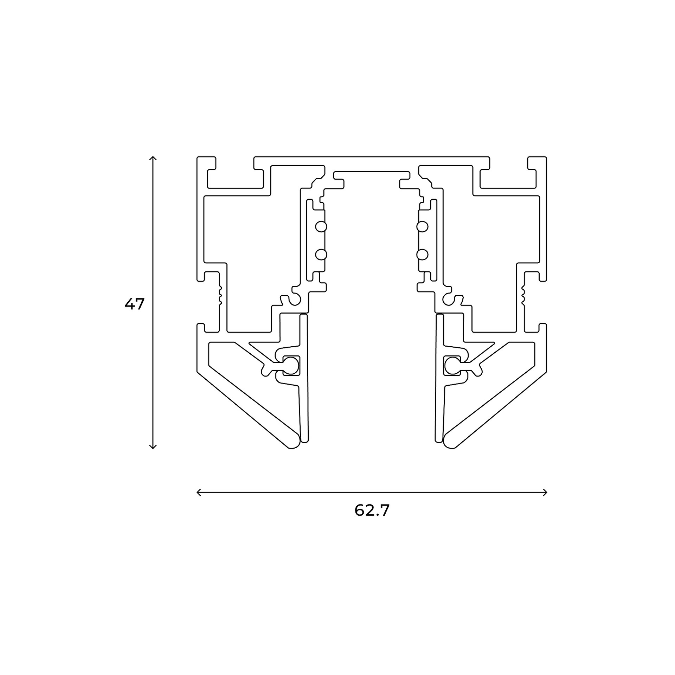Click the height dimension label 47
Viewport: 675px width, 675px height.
pos(135,304)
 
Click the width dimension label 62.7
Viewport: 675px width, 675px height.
pos(372,510)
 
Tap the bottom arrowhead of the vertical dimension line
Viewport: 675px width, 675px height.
pos(153,447)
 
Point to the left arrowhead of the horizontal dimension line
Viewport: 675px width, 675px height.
pos(199,492)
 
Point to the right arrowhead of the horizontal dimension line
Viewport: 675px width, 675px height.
pos(545,492)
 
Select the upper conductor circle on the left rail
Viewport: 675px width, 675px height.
pos(321,227)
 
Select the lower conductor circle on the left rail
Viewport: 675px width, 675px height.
pos(321,255)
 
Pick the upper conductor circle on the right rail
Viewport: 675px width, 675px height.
pos(422,227)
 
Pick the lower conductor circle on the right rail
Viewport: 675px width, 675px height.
pos(422,255)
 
